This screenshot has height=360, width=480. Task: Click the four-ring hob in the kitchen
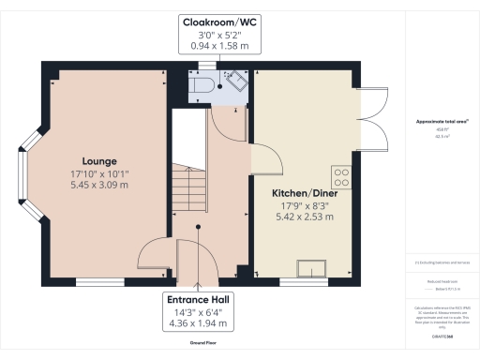click(x=342, y=176)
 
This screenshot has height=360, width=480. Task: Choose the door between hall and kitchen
click(x=264, y=159)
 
